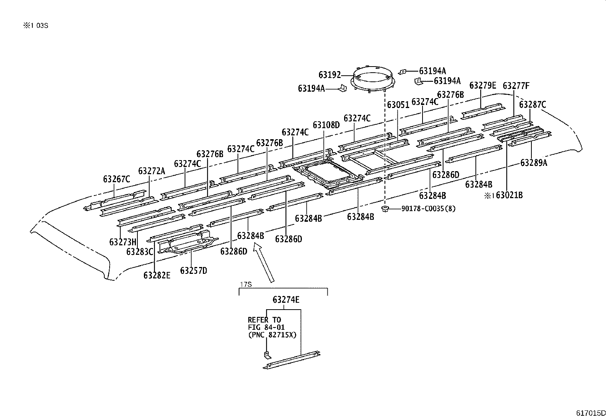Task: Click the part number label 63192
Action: [330, 75]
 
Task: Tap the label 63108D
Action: [326, 125]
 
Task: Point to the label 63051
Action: [398, 105]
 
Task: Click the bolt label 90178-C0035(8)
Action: [428, 208]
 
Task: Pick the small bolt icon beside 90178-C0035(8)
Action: [385, 208]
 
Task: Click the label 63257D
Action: [193, 270]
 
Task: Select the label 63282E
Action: [157, 275]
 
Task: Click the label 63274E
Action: [286, 300]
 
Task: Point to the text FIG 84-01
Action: [266, 327]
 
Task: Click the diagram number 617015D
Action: [590, 413]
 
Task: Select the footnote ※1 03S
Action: [36, 26]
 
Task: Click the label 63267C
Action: [116, 179]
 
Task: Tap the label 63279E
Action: [483, 86]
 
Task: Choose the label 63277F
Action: [516, 86]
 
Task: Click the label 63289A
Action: [534, 163]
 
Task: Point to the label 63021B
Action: [509, 195]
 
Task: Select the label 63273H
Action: [123, 242]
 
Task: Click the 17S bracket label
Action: [246, 284]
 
